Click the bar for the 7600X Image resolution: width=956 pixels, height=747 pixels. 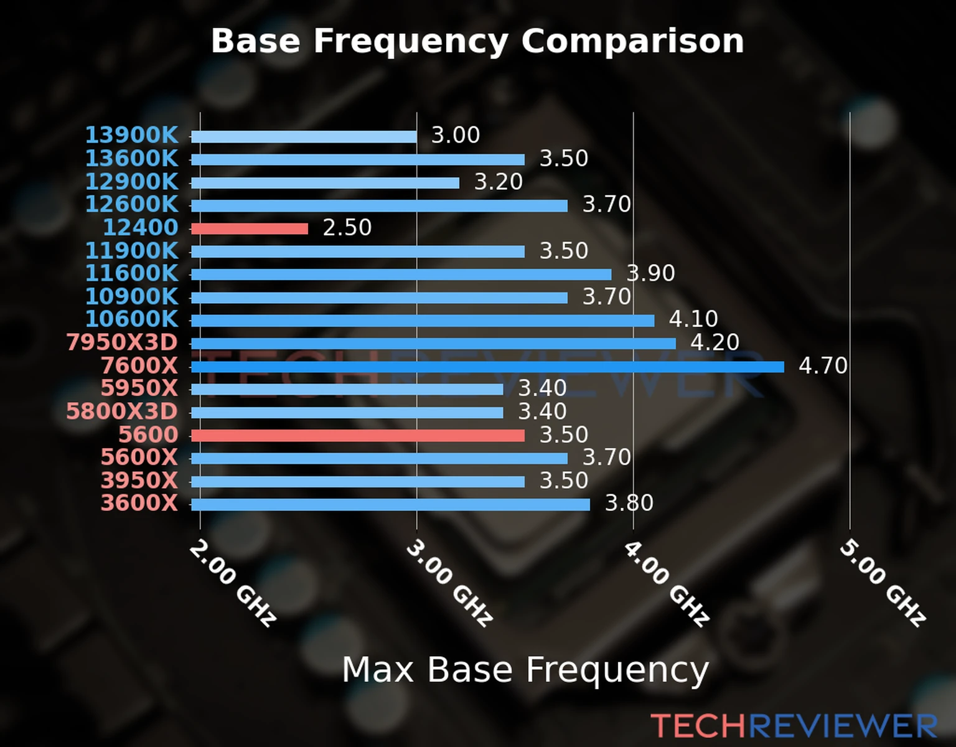coord(487,367)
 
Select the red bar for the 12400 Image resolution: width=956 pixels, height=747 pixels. coord(250,229)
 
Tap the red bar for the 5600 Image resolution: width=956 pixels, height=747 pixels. coord(358,435)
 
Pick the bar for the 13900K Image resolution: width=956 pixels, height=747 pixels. coord(304,137)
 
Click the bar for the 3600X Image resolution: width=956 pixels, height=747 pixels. coord(390,504)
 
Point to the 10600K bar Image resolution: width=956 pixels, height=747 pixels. coord(423,321)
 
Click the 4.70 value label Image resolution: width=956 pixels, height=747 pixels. coord(823,365)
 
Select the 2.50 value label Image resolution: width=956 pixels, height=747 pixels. coord(347,228)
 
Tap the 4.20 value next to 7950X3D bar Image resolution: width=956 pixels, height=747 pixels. coord(715,342)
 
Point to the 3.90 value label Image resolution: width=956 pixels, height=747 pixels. coord(650,273)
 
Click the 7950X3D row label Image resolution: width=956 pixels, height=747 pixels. coord(122,342)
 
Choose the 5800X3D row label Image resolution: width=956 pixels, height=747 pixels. coord(122,411)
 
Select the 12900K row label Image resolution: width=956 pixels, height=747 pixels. coord(131,182)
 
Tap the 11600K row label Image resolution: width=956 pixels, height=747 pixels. coord(131,273)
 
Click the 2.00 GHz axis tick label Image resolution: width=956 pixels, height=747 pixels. coord(233,583)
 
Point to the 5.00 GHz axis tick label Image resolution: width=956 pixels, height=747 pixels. coord(883,583)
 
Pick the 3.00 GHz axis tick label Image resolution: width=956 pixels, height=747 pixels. coord(449,583)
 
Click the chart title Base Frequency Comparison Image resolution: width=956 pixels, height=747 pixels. coord(477,41)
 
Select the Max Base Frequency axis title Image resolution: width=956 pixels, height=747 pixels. coord(525,670)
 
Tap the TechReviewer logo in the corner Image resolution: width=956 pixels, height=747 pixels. coord(794,726)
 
